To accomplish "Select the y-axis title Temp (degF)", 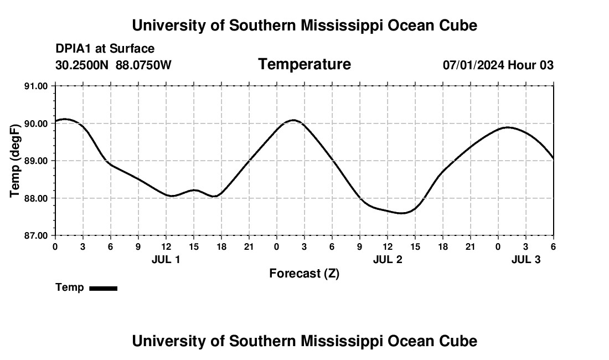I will pos(16,161).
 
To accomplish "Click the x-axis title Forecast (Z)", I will pos(304,273).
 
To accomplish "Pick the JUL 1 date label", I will pos(166,259).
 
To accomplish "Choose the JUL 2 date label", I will pos(388,259).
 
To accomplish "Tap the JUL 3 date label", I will pos(525,259).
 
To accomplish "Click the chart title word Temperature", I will pos(304,64).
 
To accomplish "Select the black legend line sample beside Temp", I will pos(103,288).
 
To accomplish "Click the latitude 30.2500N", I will pos(82,65).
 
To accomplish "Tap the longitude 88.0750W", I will pos(143,65).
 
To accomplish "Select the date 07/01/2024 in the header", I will pos(473,65).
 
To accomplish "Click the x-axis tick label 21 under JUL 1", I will pos(249,246).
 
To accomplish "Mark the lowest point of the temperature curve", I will pos(401,213).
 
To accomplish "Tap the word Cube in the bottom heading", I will pos(460,341).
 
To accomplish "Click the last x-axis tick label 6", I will pos(553,246).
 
